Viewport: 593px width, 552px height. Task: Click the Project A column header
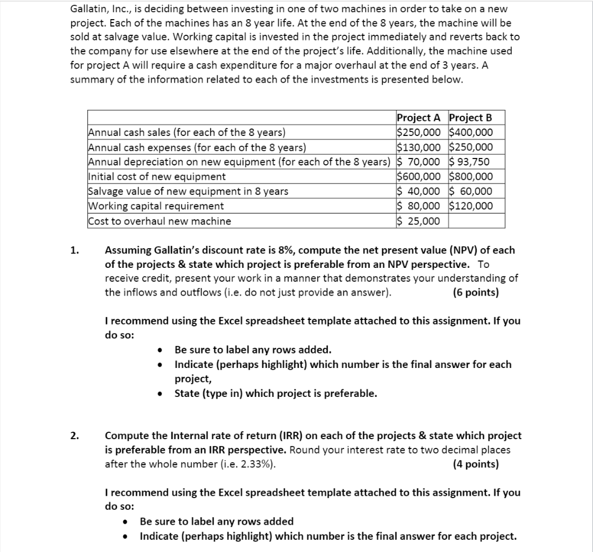coord(421,118)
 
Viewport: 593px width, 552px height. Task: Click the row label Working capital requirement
coord(156,206)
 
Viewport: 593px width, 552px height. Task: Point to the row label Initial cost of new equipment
coord(157,176)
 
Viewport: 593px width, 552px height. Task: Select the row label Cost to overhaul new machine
coord(159,221)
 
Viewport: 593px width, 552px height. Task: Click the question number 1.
coord(74,251)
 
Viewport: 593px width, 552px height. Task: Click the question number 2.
coord(74,436)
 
